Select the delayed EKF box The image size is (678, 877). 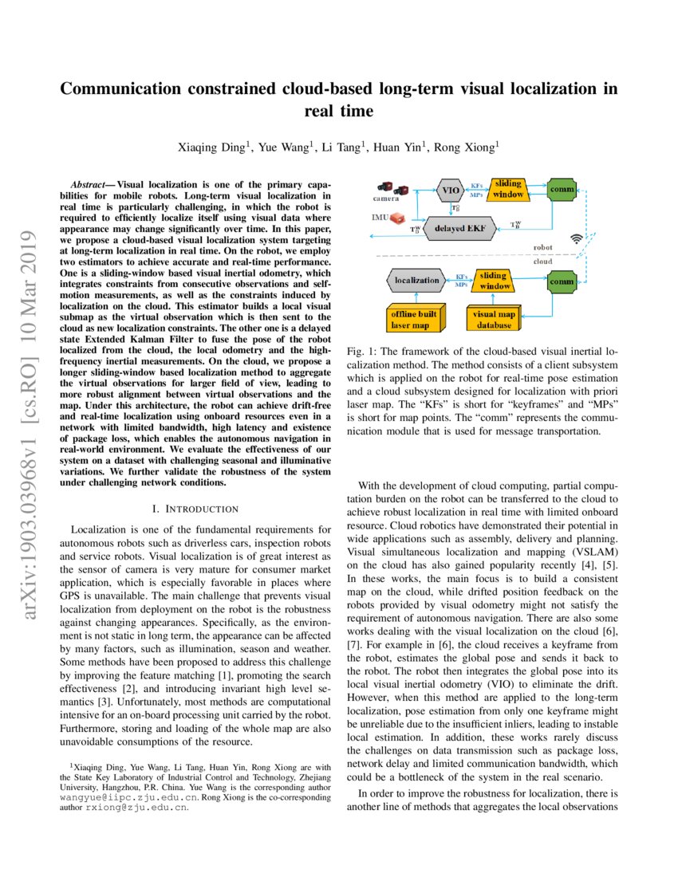tap(461, 228)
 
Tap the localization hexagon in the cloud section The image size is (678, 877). tap(416, 280)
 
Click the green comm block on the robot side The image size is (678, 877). tap(563, 190)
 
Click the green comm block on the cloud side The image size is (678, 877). tap(563, 281)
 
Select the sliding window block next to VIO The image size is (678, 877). tap(508, 190)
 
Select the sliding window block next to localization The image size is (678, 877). tap(494, 281)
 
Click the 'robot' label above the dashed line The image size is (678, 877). tap(543, 248)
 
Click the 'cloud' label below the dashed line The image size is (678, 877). tap(543, 262)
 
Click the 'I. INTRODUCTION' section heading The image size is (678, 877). tap(195, 508)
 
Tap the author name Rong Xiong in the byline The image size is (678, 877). tap(473, 146)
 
